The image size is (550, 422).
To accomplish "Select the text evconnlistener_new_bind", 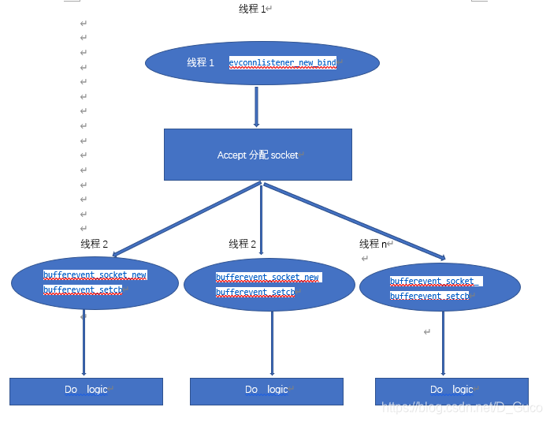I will coord(283,62).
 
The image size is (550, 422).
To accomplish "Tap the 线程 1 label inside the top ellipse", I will coord(200,62).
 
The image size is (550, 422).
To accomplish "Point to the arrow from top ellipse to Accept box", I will coord(256,106).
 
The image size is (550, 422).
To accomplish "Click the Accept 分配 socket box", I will coord(258,155).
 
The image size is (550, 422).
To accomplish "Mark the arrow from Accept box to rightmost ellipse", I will coord(355,221).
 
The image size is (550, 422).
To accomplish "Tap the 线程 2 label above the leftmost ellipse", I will coord(94,244).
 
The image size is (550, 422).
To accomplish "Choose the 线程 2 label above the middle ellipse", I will coord(243,244).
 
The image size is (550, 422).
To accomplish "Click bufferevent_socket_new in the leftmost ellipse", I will coord(95,275).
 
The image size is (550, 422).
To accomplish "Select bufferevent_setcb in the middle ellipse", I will coord(255,292).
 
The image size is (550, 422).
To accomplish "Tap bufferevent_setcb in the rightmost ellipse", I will coord(429,296).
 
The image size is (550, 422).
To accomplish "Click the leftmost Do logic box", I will coord(86,390).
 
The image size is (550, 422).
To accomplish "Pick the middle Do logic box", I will coord(266,390).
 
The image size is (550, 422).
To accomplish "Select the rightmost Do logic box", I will coord(452,390).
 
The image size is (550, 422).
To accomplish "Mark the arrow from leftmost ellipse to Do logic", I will coord(84,343).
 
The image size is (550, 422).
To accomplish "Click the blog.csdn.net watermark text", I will coord(462,407).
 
